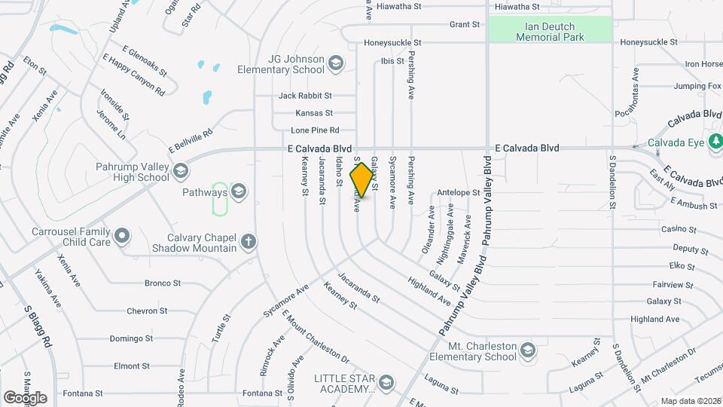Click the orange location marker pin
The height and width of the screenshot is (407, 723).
362,179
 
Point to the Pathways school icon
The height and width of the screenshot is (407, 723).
239,192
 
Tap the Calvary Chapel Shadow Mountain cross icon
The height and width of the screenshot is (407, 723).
249,242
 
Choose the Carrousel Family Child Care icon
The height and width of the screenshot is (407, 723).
122,237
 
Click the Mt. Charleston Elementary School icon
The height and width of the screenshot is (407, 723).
529,350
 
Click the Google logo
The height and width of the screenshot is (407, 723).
25,397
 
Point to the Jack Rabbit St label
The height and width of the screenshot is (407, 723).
305,96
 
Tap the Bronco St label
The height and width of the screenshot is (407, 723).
163,283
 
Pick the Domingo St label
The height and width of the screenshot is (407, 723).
132,338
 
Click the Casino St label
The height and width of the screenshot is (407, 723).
679,229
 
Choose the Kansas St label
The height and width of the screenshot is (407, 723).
314,113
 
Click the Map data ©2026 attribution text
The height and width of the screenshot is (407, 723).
689,401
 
